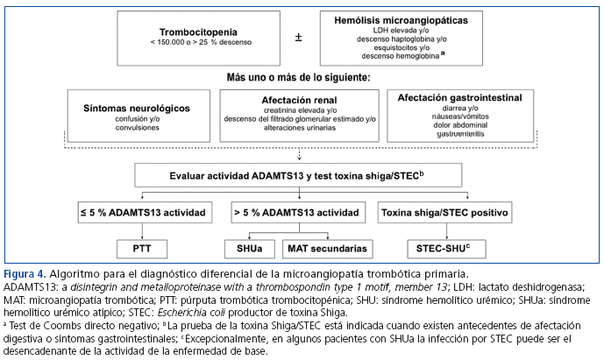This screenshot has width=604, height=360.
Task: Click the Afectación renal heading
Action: (299, 101)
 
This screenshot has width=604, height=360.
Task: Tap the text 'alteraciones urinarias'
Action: (299, 127)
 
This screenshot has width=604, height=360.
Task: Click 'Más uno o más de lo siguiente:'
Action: (300, 76)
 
